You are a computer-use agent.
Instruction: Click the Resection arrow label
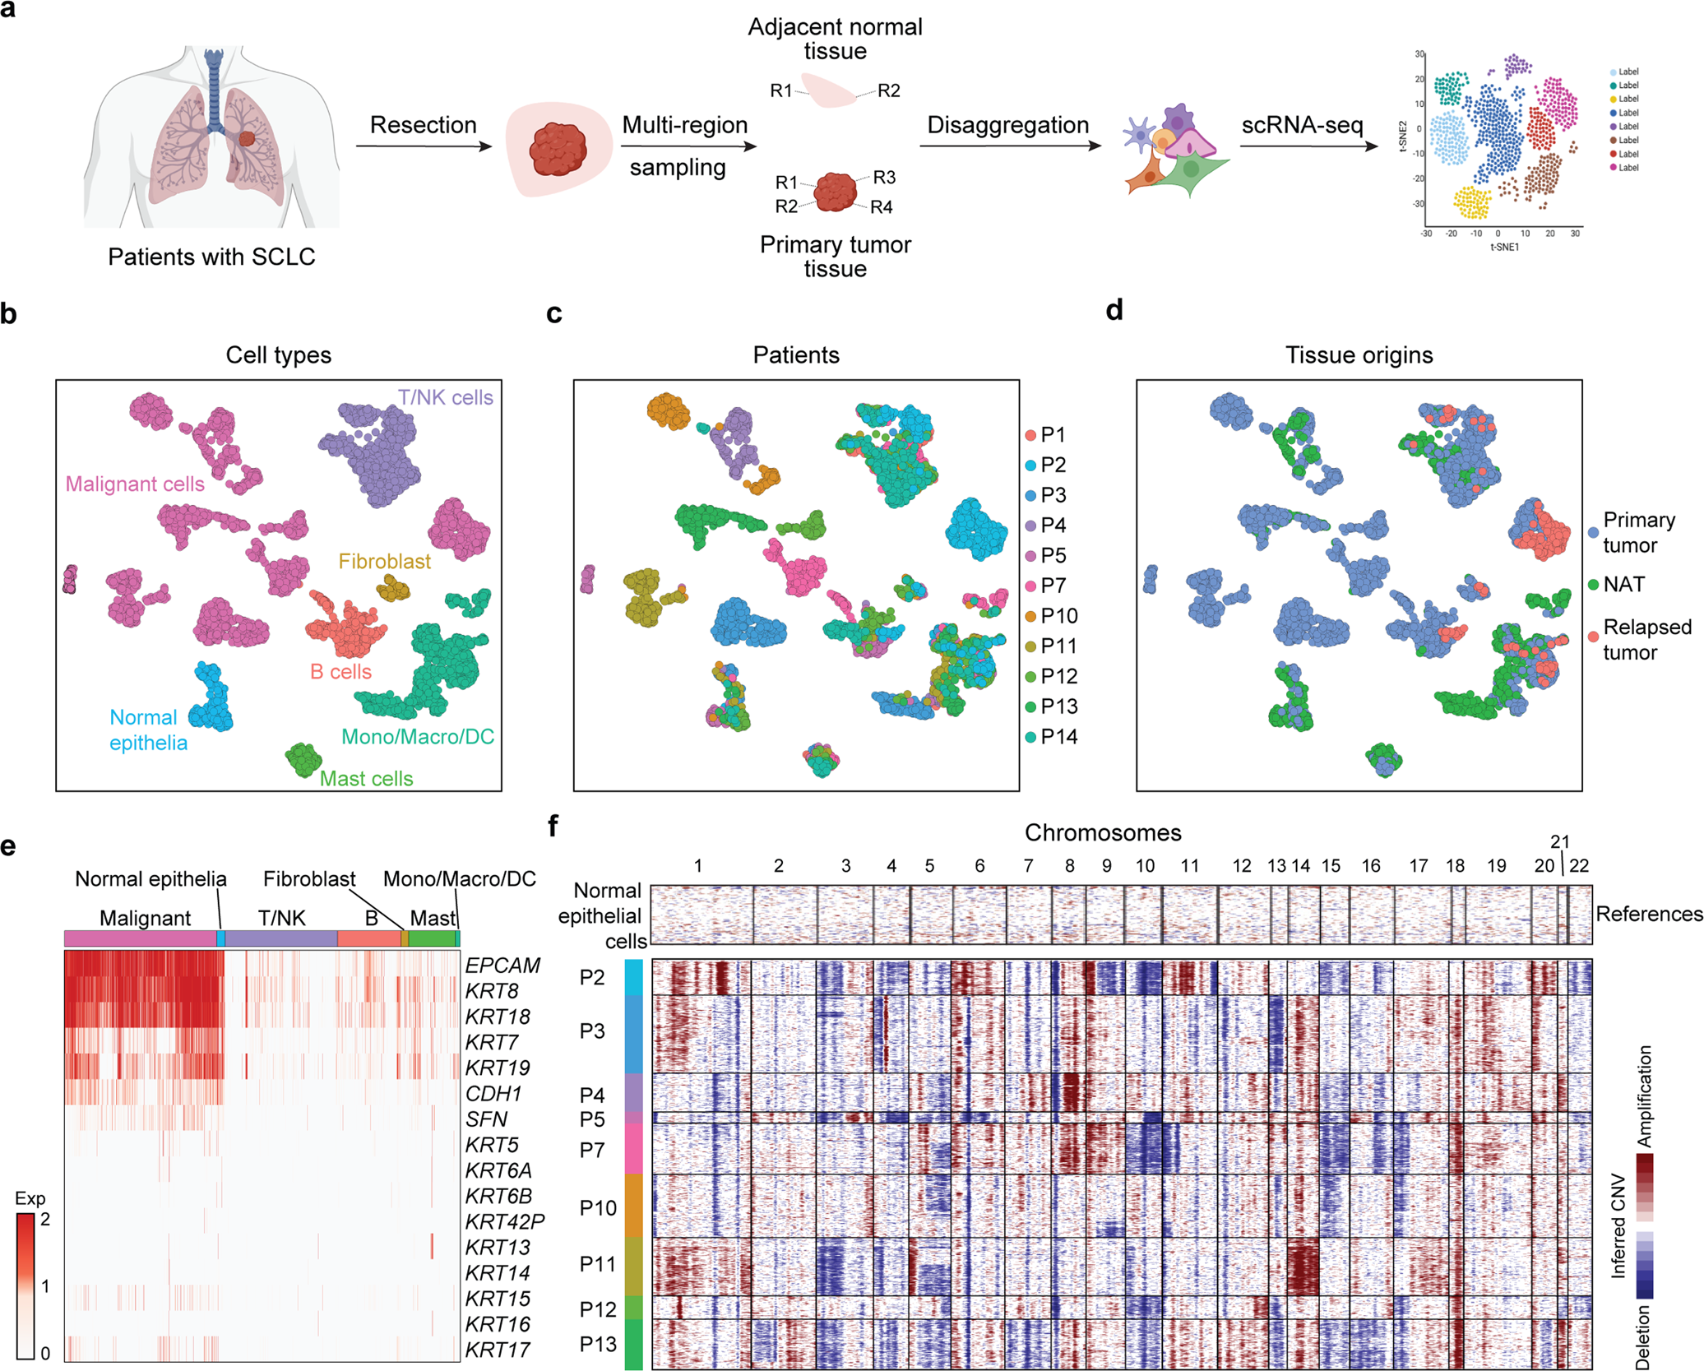[x=423, y=125]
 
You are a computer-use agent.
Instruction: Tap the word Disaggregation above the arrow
[x=1007, y=125]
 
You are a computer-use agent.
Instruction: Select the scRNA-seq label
[x=1302, y=125]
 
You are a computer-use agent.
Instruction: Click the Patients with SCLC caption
[x=211, y=257]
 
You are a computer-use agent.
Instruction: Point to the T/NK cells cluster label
[x=446, y=397]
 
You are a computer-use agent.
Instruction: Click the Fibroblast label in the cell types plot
[x=385, y=561]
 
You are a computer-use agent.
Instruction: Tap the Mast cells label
[x=366, y=778]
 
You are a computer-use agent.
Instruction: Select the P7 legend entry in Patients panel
[x=1053, y=586]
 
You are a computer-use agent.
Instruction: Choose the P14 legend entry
[x=1058, y=737]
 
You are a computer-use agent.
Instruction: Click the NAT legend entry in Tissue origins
[x=1623, y=584]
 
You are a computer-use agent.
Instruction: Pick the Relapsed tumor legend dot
[x=1593, y=637]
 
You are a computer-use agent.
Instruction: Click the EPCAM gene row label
[x=502, y=965]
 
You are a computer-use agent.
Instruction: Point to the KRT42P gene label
[x=504, y=1221]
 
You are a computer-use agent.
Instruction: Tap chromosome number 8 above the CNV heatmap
[x=1069, y=865]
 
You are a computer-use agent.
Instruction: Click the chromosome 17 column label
[x=1418, y=865]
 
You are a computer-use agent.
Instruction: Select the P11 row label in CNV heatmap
[x=598, y=1263]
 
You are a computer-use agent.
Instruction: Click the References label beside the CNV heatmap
[x=1649, y=914]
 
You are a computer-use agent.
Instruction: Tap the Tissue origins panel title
[x=1359, y=355]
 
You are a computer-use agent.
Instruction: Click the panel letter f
[x=553, y=826]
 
